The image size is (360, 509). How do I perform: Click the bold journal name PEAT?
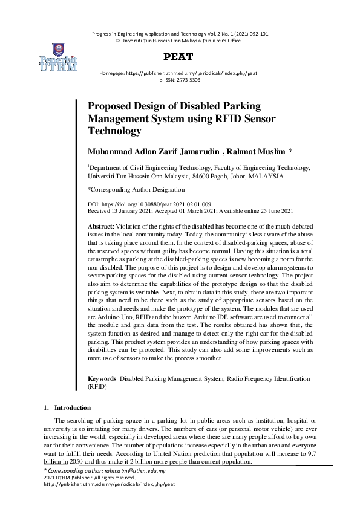180,57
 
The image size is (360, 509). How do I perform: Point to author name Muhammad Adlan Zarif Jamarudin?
154,151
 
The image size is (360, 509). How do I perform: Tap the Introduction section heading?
72,407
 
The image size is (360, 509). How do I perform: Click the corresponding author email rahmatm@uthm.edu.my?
140,470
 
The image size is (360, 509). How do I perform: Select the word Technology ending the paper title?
114,131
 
